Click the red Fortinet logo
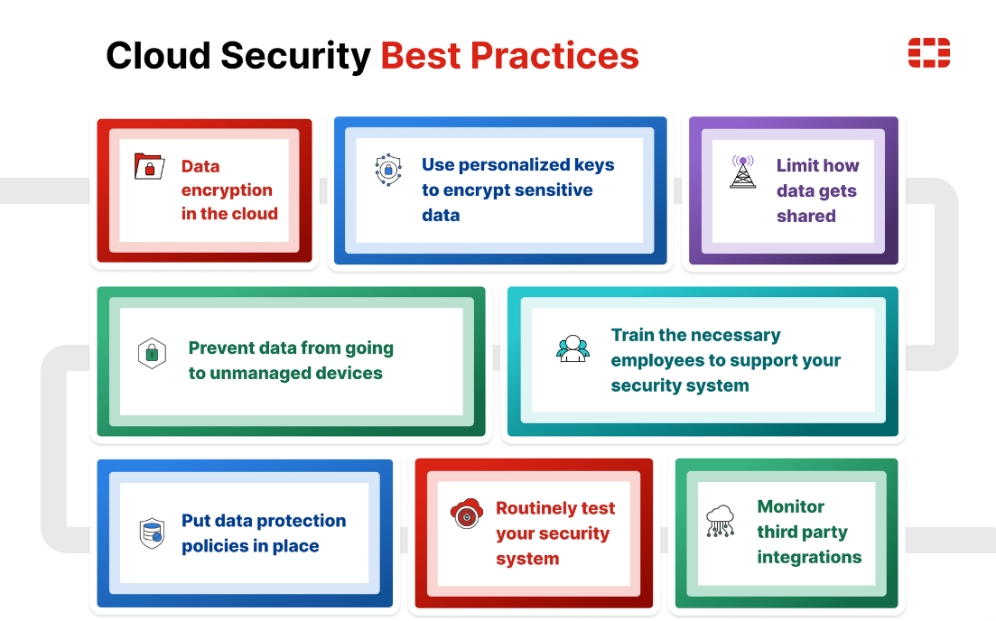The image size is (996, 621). coord(928,53)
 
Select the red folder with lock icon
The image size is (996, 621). coord(149,167)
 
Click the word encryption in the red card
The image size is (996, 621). coord(227,190)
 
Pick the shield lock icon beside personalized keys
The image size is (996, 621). coord(388,169)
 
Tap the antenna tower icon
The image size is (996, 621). coord(743,171)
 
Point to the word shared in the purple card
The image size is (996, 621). coord(805,217)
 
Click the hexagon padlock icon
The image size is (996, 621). coord(152,353)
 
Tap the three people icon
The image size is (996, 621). coord(572,348)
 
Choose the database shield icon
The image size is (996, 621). coord(152,533)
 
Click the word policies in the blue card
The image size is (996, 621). coord(218,547)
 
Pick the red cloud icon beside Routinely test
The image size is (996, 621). coord(466,514)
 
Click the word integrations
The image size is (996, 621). coord(809,558)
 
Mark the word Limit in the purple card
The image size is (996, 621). coord(796,166)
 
